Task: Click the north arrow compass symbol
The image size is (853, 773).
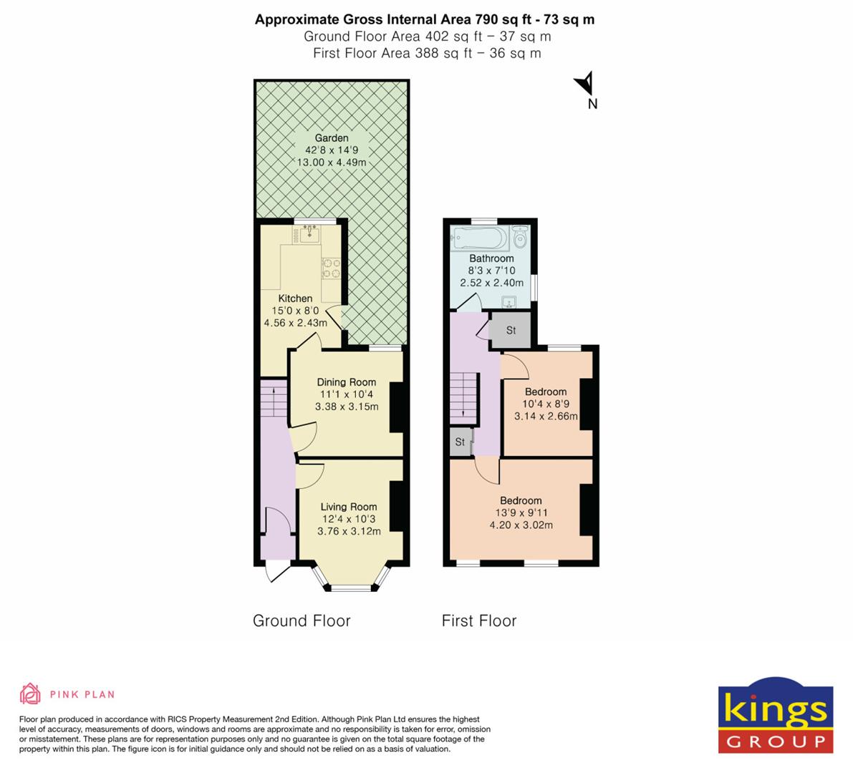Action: click(x=585, y=84)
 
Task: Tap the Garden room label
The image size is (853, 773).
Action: click(x=332, y=138)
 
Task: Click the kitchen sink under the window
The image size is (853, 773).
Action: click(x=310, y=233)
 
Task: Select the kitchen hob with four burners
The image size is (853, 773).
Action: click(x=331, y=268)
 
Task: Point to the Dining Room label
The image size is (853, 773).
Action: click(x=347, y=382)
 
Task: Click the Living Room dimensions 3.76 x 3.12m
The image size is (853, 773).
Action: click(x=349, y=531)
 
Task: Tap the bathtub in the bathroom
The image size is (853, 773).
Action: click(x=478, y=237)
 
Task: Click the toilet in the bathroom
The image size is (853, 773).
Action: click(x=520, y=236)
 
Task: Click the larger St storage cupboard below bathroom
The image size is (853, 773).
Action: click(x=511, y=330)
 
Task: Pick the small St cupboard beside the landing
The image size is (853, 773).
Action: click(x=460, y=442)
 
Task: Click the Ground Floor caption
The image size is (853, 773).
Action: click(x=302, y=621)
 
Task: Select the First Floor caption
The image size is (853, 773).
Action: click(x=478, y=621)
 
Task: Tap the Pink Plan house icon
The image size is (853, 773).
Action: click(x=30, y=694)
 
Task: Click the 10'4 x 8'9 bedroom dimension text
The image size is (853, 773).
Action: click(x=546, y=404)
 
